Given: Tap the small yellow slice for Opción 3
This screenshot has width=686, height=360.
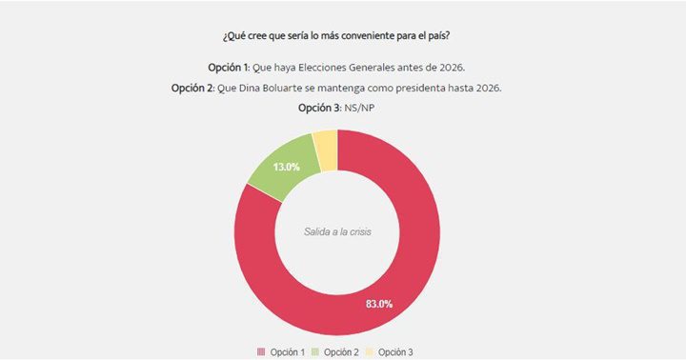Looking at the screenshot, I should click(326, 149).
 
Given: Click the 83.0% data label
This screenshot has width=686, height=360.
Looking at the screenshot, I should click(379, 304).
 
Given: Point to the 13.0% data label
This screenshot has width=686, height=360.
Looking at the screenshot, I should click(288, 167).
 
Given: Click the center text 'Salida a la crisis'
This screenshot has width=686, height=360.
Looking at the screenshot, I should click(337, 231).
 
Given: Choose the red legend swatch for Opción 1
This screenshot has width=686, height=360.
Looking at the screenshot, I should click(260, 352).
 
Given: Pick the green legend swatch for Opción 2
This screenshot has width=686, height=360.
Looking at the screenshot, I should click(317, 352).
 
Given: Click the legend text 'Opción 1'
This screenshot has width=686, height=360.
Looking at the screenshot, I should click(286, 352).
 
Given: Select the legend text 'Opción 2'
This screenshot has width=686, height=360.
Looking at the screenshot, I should click(342, 352).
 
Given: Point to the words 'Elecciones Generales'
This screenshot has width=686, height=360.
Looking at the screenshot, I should click(351, 67).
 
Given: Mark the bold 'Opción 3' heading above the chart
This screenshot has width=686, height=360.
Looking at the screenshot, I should click(320, 109).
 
